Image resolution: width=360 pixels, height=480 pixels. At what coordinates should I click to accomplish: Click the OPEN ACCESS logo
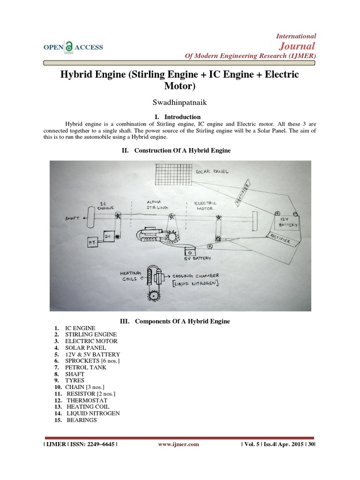tap(73, 47)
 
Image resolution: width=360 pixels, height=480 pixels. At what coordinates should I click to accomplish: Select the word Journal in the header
tap(297, 45)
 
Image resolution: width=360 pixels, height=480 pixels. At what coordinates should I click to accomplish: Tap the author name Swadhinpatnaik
tap(180, 102)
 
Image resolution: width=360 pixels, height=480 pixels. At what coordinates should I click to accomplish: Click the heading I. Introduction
tap(180, 117)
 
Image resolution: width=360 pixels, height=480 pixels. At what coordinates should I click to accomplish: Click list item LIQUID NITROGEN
tap(93, 413)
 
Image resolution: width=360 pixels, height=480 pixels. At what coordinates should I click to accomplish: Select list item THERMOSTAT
tap(87, 400)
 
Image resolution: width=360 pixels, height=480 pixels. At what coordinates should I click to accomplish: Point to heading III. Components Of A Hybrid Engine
tap(180, 321)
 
